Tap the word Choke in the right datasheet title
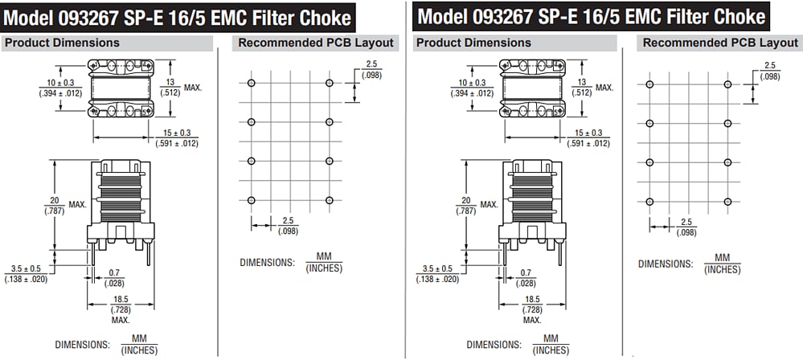click(x=733, y=15)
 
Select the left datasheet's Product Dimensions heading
click(x=62, y=43)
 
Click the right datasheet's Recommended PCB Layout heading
click(x=721, y=43)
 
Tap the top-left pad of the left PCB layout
click(x=251, y=83)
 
